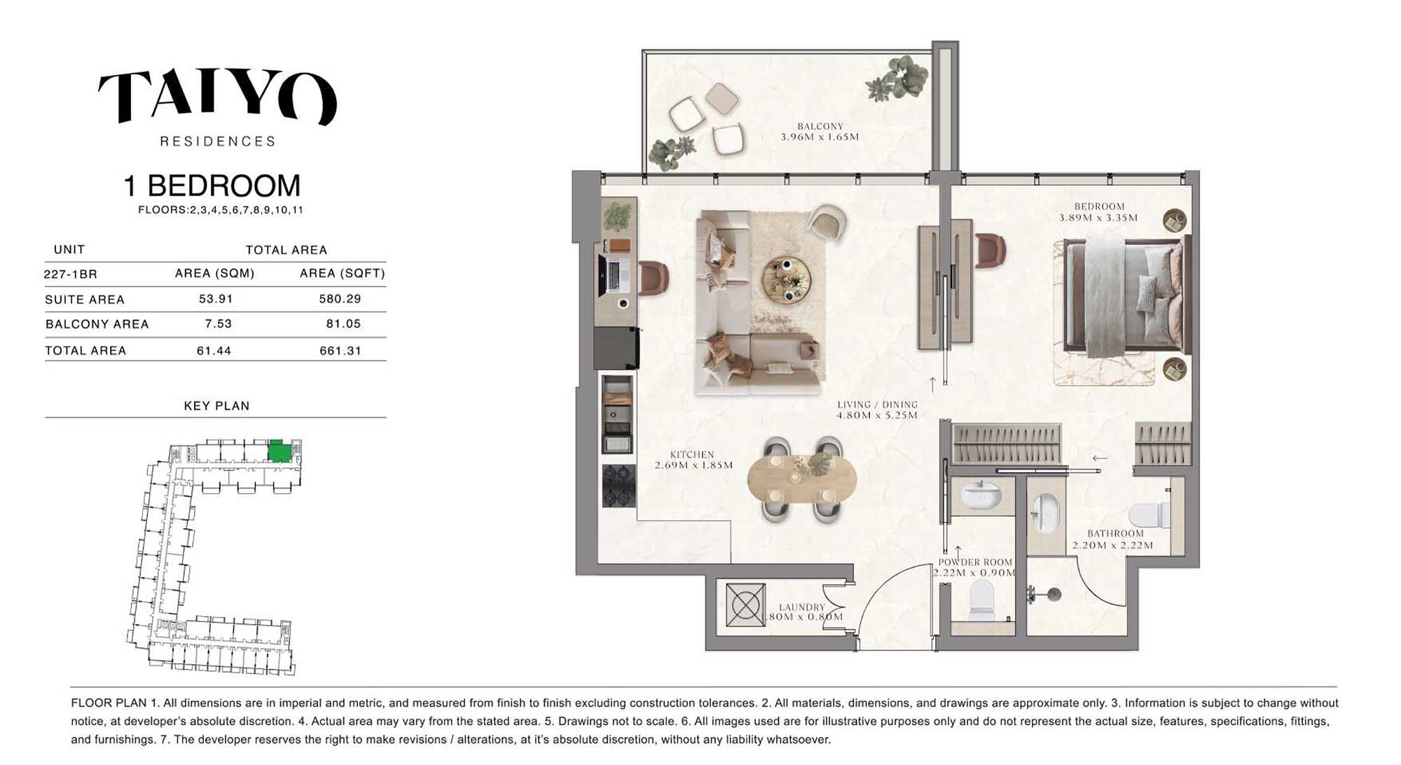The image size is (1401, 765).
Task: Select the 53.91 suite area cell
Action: [216, 299]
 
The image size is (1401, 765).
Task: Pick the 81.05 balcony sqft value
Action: [343, 324]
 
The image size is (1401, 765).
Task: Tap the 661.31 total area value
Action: [340, 351]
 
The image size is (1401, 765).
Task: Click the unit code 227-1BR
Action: [70, 274]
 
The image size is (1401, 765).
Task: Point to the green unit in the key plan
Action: [279, 451]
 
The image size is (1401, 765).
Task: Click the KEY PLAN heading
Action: [216, 406]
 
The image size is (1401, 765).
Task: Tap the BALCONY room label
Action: [820, 126]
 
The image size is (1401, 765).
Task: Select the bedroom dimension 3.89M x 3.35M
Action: [1098, 217]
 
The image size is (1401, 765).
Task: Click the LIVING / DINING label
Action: [877, 404]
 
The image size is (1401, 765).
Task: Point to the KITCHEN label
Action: [692, 455]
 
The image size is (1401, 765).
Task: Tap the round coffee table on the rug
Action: [787, 280]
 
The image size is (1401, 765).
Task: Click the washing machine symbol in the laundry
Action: [745, 604]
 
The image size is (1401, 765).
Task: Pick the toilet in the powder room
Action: [981, 602]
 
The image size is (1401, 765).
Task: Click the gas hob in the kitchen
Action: [619, 485]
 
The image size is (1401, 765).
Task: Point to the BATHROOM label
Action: [1115, 534]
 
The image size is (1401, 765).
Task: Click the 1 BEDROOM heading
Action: [212, 186]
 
